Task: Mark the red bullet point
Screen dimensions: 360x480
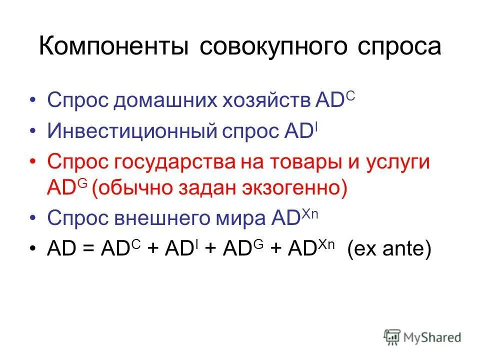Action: point(33,163)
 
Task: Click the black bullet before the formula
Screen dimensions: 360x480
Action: point(33,249)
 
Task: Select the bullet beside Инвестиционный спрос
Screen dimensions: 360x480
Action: point(33,131)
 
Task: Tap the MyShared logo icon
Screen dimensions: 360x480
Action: point(392,336)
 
